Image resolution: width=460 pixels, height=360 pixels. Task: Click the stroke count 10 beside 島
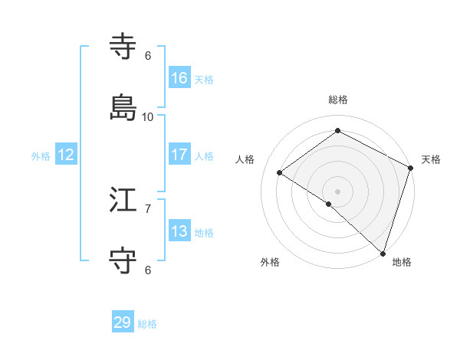[148, 117]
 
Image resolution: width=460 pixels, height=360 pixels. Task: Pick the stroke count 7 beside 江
[148, 208]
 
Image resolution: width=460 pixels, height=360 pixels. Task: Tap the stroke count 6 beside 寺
[148, 56]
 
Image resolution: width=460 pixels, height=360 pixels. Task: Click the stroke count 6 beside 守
[148, 270]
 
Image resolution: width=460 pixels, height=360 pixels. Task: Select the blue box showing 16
[179, 78]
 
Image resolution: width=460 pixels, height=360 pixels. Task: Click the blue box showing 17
[179, 155]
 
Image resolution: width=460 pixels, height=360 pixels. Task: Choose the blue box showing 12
[66, 155]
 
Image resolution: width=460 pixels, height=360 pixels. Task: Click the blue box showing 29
[123, 322]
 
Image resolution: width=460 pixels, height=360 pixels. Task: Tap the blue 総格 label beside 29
[148, 324]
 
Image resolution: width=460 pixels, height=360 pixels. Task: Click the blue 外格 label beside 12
[41, 156]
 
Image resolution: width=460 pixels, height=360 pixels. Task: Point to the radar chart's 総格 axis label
[337, 100]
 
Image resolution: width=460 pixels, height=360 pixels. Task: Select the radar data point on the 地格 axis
[383, 252]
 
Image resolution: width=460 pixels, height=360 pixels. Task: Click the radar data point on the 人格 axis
[280, 172]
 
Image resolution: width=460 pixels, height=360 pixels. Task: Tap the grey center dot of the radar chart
[337, 191]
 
